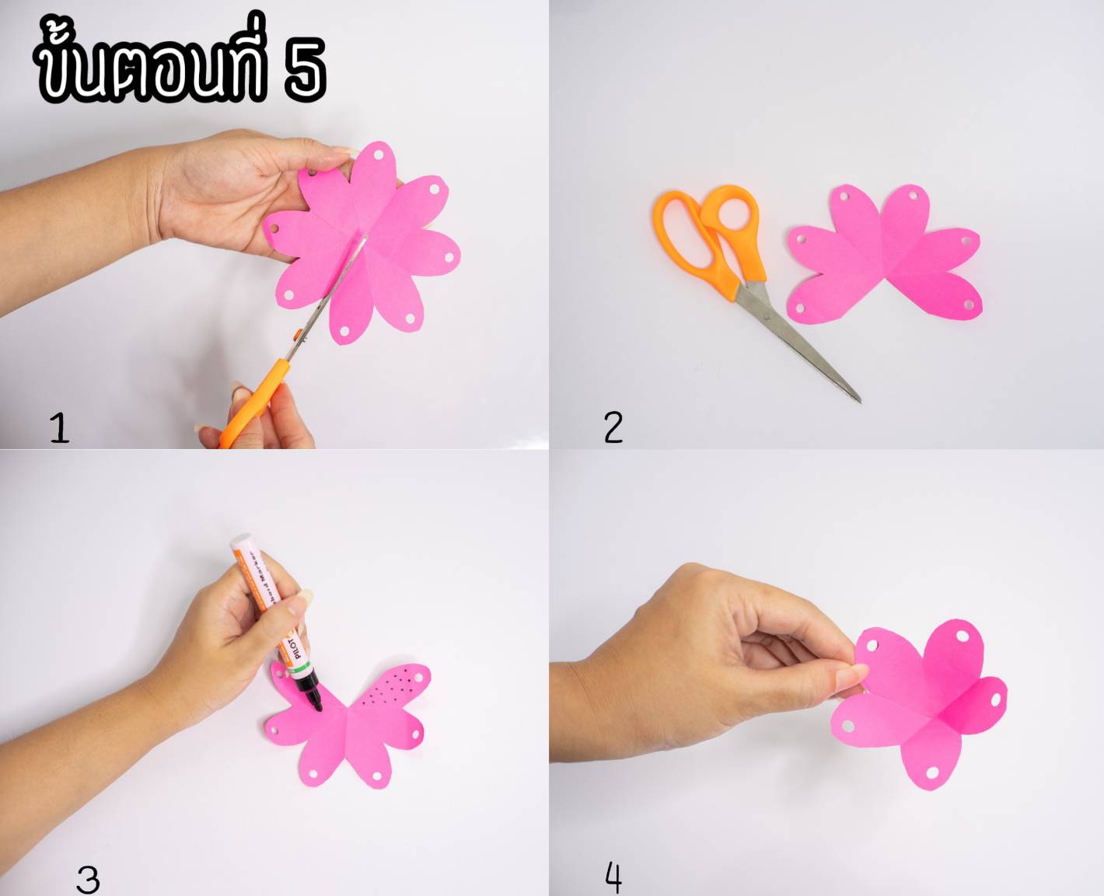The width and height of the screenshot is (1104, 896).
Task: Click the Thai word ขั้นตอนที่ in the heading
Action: point(151,66)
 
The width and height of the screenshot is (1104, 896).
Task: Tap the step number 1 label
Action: point(59,427)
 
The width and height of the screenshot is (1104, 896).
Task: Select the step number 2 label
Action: point(613,427)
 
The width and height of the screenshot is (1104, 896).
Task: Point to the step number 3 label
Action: point(88,879)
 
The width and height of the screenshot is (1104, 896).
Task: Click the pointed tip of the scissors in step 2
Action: point(859,400)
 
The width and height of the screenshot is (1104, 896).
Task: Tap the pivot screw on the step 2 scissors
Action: point(765,316)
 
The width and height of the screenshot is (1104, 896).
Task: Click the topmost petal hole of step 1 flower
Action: point(379,155)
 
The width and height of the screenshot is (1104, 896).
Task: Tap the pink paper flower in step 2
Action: point(886,256)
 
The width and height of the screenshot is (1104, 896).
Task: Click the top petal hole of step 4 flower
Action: point(962,636)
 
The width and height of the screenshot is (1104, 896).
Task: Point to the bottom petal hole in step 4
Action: point(932,772)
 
